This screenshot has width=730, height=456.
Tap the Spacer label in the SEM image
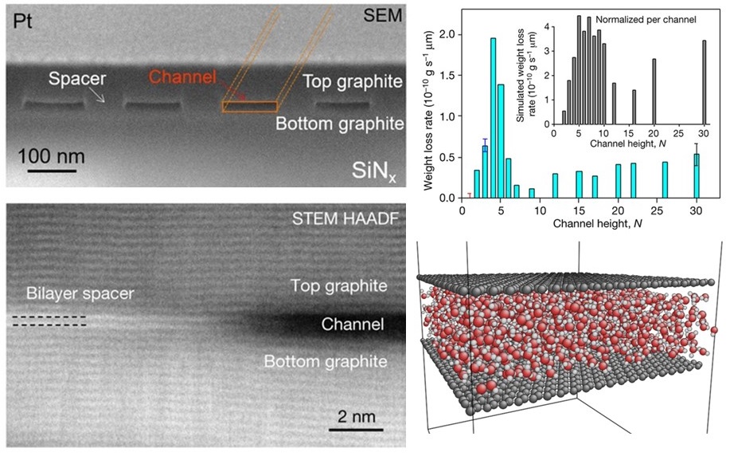[x=76, y=80]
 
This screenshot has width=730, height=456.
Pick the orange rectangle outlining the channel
[x=249, y=106]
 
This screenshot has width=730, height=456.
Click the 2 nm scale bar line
[x=352, y=430]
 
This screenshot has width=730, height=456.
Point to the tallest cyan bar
[x=494, y=117]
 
